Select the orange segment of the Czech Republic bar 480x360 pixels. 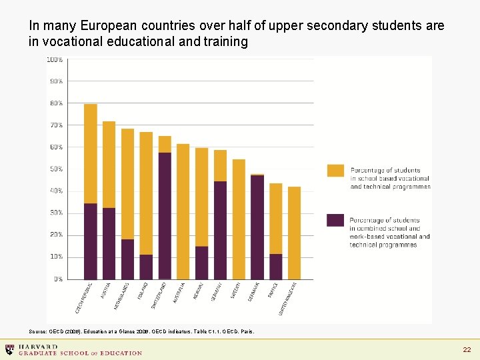click(x=91, y=153)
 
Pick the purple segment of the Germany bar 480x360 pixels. click(x=220, y=230)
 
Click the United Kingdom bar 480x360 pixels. click(x=294, y=233)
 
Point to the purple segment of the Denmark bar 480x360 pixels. click(x=257, y=227)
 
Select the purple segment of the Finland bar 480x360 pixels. click(x=146, y=267)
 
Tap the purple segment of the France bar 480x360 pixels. click(x=276, y=267)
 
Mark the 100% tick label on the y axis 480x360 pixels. click(x=55, y=59)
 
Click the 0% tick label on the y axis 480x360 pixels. click(x=58, y=279)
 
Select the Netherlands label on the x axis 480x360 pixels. click(x=121, y=295)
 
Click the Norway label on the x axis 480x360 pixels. click(x=198, y=291)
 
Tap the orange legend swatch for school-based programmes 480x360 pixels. click(x=336, y=171)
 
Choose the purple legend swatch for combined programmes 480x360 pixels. click(x=336, y=220)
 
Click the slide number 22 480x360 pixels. click(x=467, y=350)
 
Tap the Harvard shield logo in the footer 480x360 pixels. click(x=9, y=349)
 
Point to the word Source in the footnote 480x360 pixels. click(x=38, y=331)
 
